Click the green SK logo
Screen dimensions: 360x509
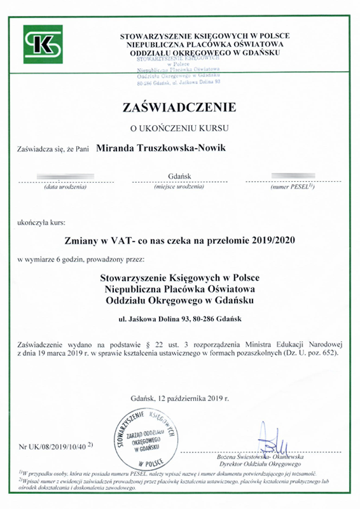click(43, 44)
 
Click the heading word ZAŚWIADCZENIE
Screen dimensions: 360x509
click(179, 106)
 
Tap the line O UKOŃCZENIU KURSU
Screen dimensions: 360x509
click(179, 128)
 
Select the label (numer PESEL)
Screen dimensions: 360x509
click(293, 188)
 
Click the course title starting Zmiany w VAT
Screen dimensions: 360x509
click(180, 241)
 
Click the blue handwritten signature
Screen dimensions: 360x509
click(266, 439)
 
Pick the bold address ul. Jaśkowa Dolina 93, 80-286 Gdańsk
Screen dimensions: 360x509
click(180, 317)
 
